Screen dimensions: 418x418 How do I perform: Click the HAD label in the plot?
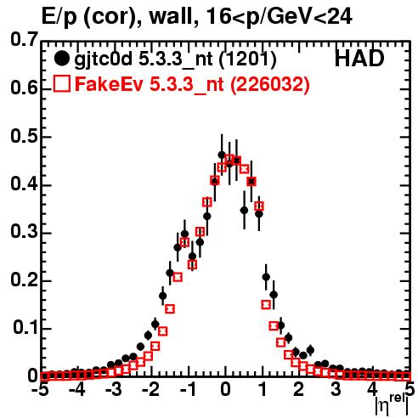[359, 59]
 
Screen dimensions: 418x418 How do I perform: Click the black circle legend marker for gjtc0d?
[61, 59]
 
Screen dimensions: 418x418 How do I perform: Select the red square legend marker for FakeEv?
[61, 83]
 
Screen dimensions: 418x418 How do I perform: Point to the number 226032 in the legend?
[269, 84]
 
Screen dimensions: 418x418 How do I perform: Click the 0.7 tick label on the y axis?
[24, 39]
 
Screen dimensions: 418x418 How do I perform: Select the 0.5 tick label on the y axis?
[24, 137]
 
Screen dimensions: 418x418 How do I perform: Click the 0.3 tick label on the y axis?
[24, 232]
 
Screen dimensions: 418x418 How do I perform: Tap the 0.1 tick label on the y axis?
[25, 328]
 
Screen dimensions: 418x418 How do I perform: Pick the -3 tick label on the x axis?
[114, 390]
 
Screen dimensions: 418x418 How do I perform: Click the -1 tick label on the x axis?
[188, 390]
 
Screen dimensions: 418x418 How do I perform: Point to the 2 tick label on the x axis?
[299, 390]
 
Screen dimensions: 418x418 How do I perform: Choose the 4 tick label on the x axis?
[373, 390]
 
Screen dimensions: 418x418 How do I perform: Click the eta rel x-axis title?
[393, 405]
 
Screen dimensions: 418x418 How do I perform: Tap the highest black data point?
[222, 155]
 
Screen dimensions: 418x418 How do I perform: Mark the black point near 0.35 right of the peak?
[244, 211]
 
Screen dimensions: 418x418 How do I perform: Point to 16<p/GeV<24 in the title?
[279, 17]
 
